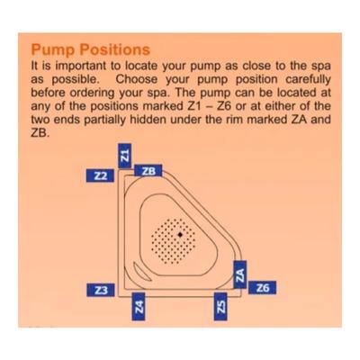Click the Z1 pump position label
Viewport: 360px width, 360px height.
tap(125, 156)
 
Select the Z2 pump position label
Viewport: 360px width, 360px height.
tap(100, 175)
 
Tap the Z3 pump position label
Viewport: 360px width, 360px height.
tap(101, 290)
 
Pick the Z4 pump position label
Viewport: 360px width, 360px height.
tap(139, 306)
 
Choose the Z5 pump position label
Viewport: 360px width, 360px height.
tap(220, 306)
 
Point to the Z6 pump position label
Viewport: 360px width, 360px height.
tap(263, 288)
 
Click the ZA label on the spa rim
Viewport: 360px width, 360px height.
tap(240, 274)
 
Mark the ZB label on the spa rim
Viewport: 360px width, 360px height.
tap(148, 171)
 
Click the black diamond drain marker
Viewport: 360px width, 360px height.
tap(180, 235)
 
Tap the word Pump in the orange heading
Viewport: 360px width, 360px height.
tap(53, 50)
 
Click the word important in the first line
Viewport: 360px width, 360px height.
tap(82, 66)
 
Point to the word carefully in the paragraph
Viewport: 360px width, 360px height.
tap(308, 80)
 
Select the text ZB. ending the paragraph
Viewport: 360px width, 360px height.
tap(40, 133)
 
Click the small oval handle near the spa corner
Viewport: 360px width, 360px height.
tap(139, 271)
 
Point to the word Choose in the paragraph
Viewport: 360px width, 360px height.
tap(137, 79)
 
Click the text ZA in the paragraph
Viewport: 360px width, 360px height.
tap(300, 120)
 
